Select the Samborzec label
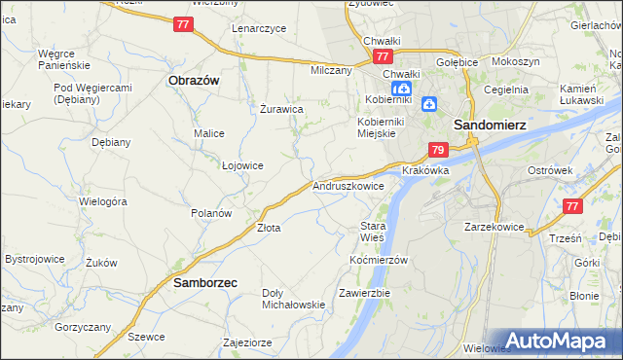pyautogui.click(x=205, y=282)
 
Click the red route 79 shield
pyautogui.click(x=438, y=150)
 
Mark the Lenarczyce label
pyautogui.click(x=259, y=28)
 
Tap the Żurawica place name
pyautogui.click(x=282, y=109)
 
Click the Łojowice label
pyautogui.click(x=242, y=165)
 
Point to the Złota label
pyautogui.click(x=268, y=229)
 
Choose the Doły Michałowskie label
pyautogui.click(x=294, y=298)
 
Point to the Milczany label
pyautogui.click(x=331, y=71)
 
